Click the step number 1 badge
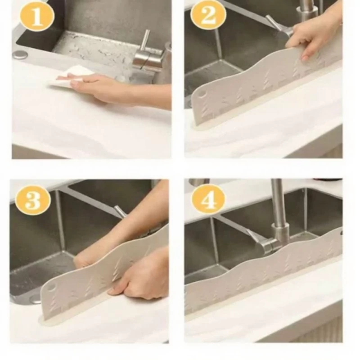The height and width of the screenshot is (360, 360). point(37,17)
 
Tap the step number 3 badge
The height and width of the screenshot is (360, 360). point(33,200)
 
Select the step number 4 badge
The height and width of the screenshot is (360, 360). point(208,200)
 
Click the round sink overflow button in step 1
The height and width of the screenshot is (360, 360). point(20,55)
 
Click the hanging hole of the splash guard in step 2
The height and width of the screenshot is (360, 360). point(201,94)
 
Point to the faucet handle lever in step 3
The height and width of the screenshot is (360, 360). point(120,211)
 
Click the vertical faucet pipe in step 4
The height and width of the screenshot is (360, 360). point(277,202)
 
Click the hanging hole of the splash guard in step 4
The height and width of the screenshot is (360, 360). point(342,233)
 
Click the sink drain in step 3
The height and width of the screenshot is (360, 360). point(35,298)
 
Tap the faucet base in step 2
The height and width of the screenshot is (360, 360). point(307,13)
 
